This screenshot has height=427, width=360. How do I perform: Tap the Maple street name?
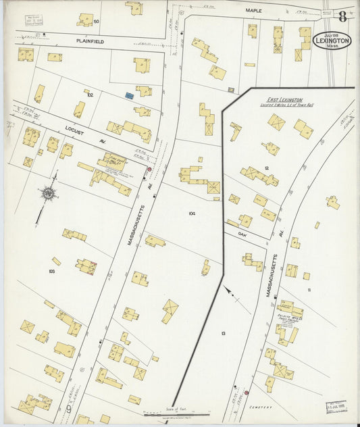coord(253,11)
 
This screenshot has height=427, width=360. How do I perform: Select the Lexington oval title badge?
coord(332,41)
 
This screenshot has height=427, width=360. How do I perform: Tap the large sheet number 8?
coord(343,16)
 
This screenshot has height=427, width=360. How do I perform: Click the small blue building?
coord(128,97)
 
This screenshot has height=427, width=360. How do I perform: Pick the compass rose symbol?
coord(49,193)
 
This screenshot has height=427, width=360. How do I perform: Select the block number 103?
coord(51,271)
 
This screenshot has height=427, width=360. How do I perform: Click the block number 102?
coord(89,95)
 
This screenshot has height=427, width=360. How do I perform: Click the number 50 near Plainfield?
coord(97,22)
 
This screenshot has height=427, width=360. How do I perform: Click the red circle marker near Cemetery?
coord(247,392)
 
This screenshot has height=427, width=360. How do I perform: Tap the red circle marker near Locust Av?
coord(149,168)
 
